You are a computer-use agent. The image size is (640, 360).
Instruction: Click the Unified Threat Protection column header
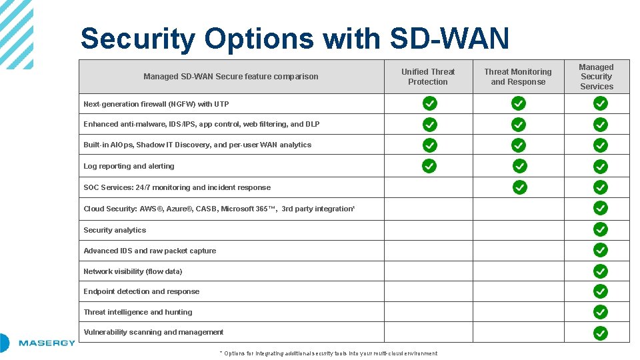[428, 77]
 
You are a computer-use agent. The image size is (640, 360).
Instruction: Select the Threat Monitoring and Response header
[518, 77]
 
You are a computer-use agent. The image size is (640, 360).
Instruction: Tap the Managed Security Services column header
[596, 77]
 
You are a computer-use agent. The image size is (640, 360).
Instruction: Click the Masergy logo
[40, 343]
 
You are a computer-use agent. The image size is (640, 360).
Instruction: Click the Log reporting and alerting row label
[129, 166]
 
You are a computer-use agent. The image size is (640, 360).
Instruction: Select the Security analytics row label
[115, 230]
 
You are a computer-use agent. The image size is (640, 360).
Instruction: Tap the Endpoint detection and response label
[141, 291]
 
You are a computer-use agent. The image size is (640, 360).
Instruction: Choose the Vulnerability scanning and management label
[153, 332]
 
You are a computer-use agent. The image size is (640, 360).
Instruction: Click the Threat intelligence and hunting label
[137, 312]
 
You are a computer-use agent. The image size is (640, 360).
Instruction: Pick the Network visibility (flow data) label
[133, 271]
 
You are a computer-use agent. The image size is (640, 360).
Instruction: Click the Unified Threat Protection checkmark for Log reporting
[430, 165]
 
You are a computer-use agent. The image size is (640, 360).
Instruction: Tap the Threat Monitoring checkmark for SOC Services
[520, 187]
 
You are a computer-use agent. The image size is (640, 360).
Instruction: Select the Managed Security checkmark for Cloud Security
[601, 208]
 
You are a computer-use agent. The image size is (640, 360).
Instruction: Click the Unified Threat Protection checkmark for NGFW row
[430, 103]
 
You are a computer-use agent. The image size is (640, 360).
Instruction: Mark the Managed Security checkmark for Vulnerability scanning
[601, 333]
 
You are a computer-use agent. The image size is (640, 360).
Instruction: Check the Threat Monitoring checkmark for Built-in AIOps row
[519, 145]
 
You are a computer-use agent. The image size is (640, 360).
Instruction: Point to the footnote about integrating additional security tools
[328, 353]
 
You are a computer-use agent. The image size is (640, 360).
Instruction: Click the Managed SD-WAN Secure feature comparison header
[231, 77]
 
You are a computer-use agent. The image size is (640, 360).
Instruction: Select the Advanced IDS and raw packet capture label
[149, 251]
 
